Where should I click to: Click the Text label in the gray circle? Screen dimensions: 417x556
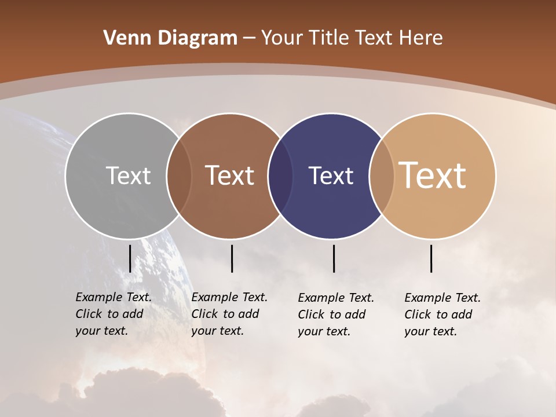pyautogui.click(x=128, y=175)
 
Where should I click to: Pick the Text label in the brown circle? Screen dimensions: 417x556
pyautogui.click(x=230, y=175)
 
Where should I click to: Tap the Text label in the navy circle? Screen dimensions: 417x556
pyautogui.click(x=331, y=175)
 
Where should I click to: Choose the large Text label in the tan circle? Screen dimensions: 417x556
pyautogui.click(x=433, y=175)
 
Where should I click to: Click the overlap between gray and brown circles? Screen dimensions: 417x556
pyautogui.click(x=179, y=175)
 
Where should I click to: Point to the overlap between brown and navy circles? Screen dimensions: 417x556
pyautogui.click(x=280, y=175)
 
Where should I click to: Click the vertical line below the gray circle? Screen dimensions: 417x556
pyautogui.click(x=130, y=258)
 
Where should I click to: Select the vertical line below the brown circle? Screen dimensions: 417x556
pyautogui.click(x=232, y=258)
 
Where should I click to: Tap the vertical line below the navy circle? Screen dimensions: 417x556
pyautogui.click(x=334, y=258)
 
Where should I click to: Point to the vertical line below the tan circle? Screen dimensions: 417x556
pyautogui.click(x=431, y=258)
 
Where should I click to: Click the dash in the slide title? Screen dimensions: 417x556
pyautogui.click(x=249, y=38)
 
